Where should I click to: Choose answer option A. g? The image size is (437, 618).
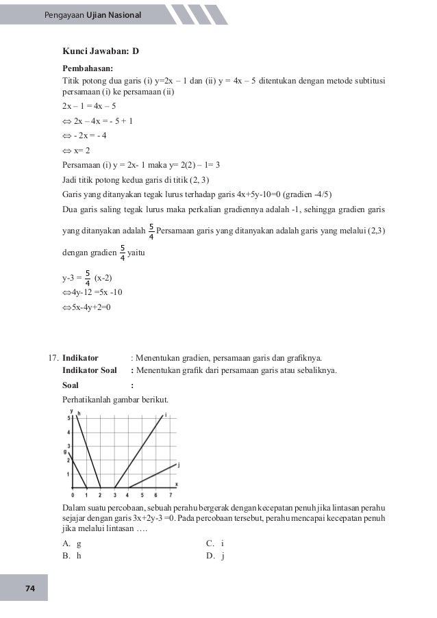click(x=71, y=543)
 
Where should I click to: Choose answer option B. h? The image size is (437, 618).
click(x=71, y=556)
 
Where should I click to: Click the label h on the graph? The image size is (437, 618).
click(x=79, y=414)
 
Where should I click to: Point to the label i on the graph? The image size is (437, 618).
click(x=166, y=413)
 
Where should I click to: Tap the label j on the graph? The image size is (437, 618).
click(x=178, y=465)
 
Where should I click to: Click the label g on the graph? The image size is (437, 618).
click(x=65, y=452)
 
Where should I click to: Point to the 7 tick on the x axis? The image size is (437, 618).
click(x=170, y=494)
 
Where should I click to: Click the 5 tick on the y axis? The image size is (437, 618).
click(x=68, y=417)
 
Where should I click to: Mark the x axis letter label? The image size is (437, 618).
click(x=176, y=484)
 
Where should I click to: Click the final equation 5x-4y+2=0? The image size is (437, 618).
click(x=86, y=307)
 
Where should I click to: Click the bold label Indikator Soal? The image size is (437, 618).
click(x=90, y=371)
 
